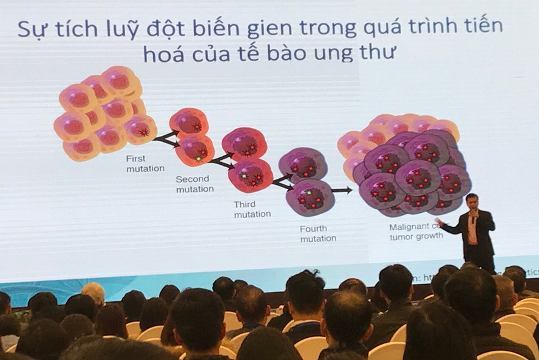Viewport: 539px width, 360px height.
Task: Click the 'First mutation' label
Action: tap(145, 163)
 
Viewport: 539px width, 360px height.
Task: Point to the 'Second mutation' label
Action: tap(194, 184)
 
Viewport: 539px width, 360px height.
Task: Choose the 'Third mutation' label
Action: tap(252, 209)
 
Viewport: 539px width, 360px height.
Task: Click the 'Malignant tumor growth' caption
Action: tap(417, 231)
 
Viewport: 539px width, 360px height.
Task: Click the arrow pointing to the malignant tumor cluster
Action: tap(342, 190)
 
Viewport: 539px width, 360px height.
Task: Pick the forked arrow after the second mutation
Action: tap(222, 160)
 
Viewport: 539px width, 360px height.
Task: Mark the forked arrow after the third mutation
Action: tap(281, 182)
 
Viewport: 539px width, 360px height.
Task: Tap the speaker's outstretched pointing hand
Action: tap(439, 222)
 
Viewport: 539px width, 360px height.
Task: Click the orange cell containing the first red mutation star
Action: tap(141, 129)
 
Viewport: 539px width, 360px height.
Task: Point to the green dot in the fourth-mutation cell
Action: tap(309, 193)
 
